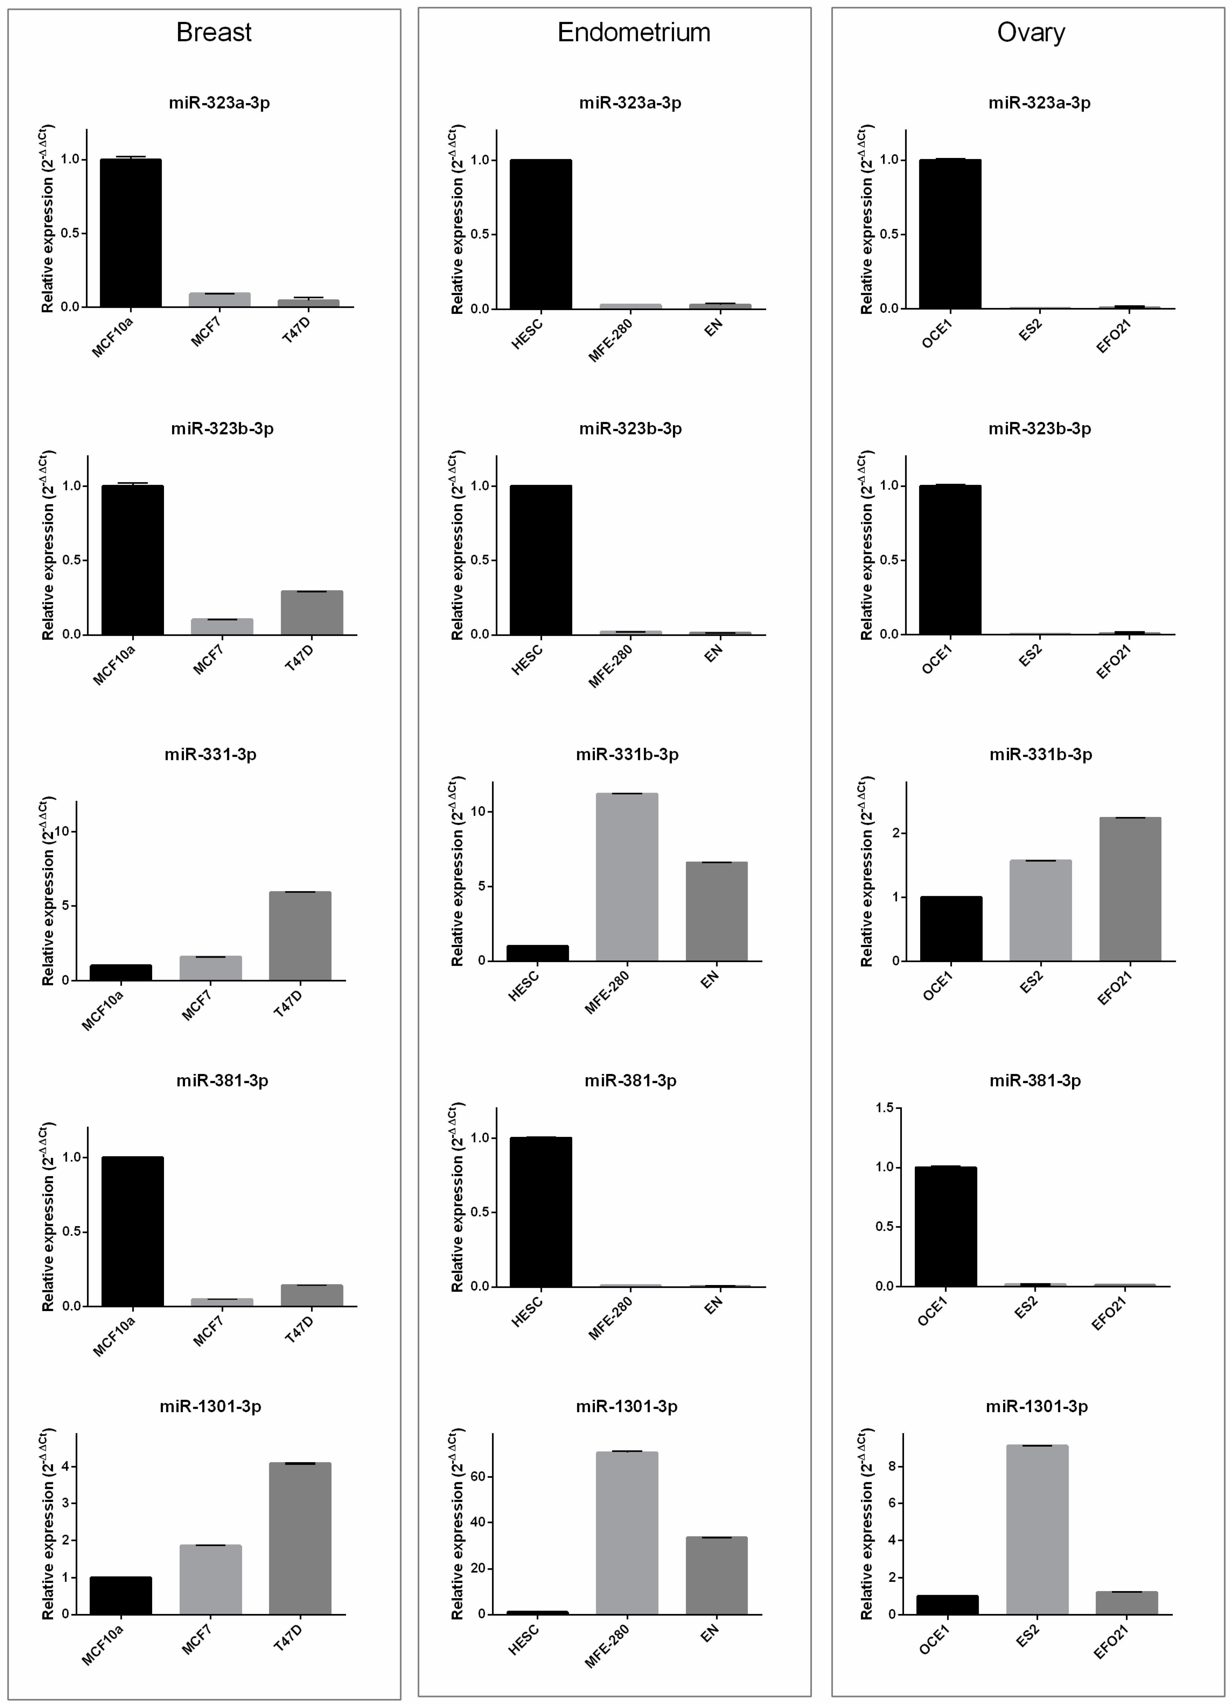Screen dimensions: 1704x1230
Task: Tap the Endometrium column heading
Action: tap(633, 32)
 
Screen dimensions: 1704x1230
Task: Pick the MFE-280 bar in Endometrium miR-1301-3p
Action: tap(627, 1533)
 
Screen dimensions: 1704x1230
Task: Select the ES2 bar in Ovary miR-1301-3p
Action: tap(1037, 1529)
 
